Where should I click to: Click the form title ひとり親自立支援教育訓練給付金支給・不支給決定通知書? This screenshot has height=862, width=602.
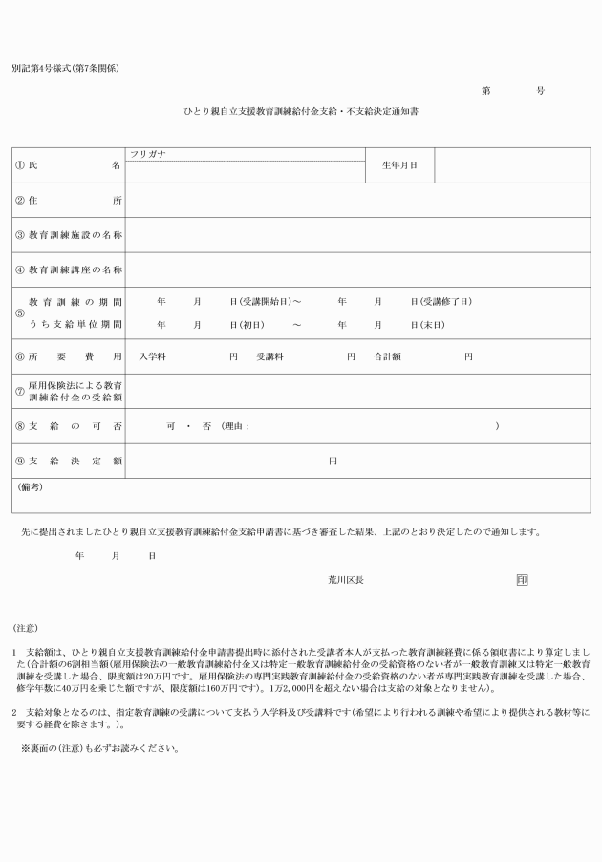[301, 112]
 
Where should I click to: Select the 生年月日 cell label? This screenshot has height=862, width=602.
[399, 165]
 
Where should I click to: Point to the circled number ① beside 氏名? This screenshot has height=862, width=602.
[19, 165]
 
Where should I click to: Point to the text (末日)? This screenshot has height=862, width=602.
[433, 325]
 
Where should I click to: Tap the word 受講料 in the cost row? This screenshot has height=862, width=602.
[270, 356]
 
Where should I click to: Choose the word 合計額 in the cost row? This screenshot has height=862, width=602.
[387, 356]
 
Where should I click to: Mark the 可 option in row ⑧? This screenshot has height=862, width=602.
[170, 425]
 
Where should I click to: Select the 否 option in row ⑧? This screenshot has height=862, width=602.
[204, 425]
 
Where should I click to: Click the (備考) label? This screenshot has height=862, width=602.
[31, 486]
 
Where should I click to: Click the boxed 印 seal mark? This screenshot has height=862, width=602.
[522, 579]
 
